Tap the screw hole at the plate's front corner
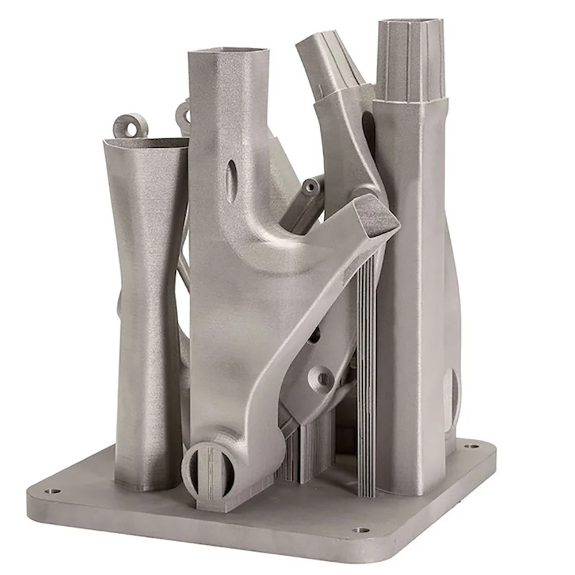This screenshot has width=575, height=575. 361,530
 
